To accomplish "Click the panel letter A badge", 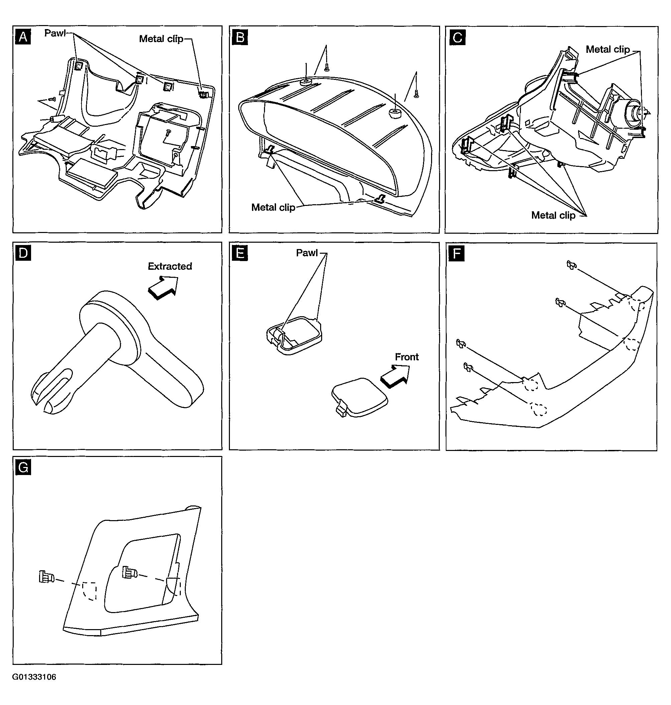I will click(x=23, y=37).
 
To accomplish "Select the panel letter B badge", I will click(x=240, y=37).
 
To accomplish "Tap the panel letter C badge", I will click(x=457, y=37).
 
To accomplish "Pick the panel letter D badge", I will click(x=23, y=253).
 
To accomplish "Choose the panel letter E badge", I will click(x=240, y=253).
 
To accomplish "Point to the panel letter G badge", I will click(x=23, y=467).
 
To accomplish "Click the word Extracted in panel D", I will click(x=170, y=266).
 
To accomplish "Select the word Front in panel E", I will click(x=407, y=357).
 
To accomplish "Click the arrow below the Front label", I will click(x=395, y=376).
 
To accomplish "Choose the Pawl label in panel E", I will click(x=307, y=253).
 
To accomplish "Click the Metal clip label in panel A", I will click(x=161, y=39).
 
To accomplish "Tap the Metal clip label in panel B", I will click(x=273, y=207).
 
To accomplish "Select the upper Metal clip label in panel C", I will click(x=608, y=49).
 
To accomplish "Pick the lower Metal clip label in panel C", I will click(x=553, y=215).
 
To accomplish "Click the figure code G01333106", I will click(x=34, y=677).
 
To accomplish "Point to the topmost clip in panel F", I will click(x=571, y=265).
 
